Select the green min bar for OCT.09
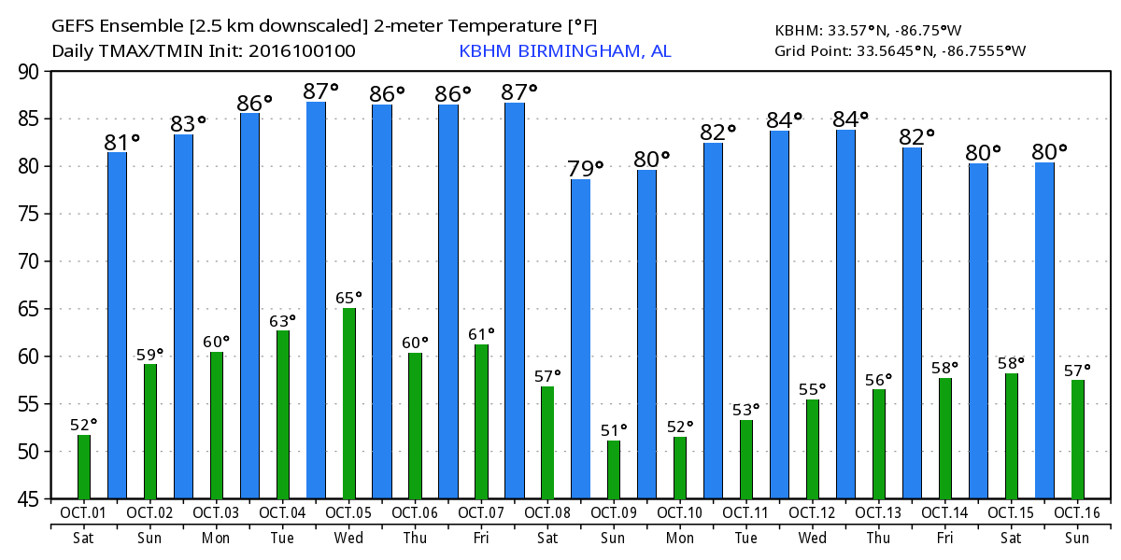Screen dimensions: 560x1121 (614, 469)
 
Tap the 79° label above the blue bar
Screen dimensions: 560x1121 (586, 169)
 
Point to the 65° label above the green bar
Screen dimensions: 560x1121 (348, 298)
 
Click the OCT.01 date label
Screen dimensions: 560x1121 (84, 513)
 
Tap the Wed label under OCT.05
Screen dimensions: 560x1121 (348, 539)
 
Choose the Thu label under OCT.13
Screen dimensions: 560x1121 (878, 539)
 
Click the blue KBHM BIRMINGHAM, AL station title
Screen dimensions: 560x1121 (564, 51)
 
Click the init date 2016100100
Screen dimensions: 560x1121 (302, 51)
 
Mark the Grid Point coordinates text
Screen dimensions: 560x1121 (900, 50)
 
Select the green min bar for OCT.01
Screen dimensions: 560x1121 (84, 467)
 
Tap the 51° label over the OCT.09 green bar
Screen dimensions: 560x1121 (614, 429)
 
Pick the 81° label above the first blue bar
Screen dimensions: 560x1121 (121, 142)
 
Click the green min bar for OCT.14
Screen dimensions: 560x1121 (944, 438)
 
